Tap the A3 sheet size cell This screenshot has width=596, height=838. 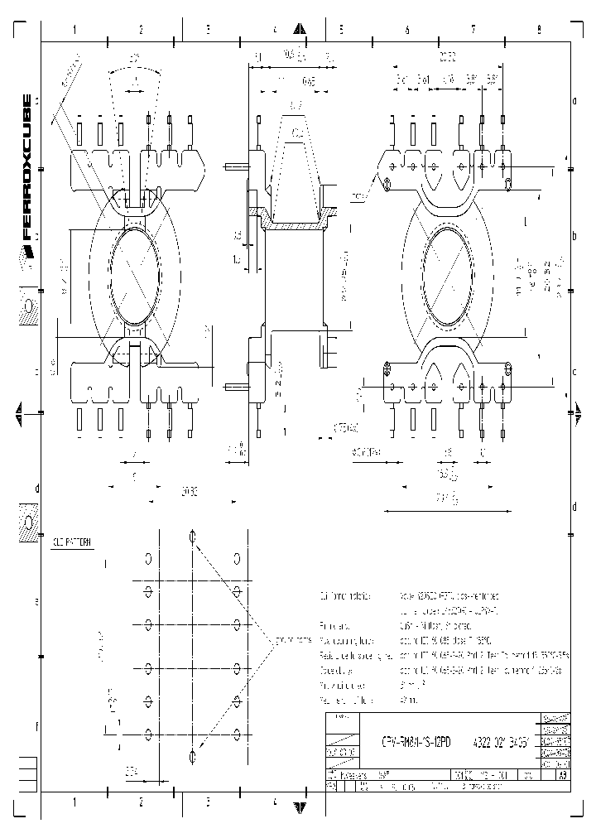click(562, 775)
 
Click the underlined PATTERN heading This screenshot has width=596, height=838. click(73, 542)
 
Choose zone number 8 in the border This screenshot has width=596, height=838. click(539, 30)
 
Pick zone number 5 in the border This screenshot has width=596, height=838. click(340, 30)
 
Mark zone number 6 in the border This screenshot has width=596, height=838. click(407, 30)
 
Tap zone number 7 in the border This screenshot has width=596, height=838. click(473, 30)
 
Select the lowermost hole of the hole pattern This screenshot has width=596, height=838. click(193, 755)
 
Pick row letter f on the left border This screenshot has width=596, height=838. click(36, 725)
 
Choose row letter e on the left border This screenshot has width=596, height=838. click(36, 602)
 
